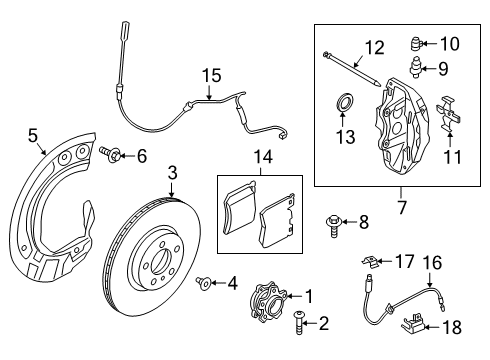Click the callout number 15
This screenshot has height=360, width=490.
tap(210, 75)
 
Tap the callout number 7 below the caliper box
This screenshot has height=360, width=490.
tap(400, 208)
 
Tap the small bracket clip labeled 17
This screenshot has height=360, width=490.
tap(372, 262)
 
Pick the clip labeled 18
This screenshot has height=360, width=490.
tap(413, 321)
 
